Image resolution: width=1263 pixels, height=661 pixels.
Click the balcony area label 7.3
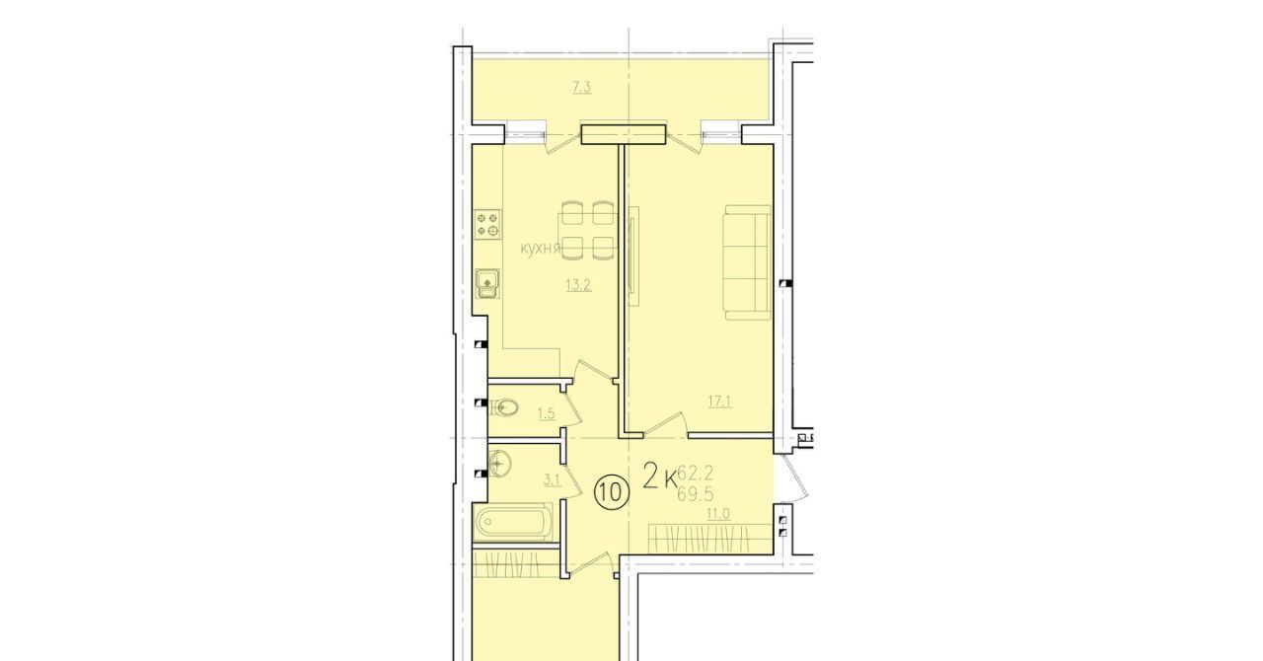click(x=582, y=88)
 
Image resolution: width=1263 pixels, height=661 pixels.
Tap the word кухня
click(x=540, y=249)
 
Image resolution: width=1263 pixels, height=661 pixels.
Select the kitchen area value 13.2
click(x=578, y=285)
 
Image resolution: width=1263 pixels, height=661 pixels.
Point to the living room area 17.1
click(x=720, y=402)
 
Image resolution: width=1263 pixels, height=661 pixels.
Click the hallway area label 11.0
click(x=718, y=513)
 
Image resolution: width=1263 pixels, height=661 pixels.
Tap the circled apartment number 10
click(x=611, y=492)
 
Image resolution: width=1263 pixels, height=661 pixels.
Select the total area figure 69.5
click(x=696, y=494)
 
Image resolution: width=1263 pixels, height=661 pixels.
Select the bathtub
click(x=512, y=522)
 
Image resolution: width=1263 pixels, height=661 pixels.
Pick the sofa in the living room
click(x=748, y=262)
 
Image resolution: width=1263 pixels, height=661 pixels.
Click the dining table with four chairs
click(x=587, y=232)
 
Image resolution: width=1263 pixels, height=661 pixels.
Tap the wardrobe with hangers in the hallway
click(x=710, y=539)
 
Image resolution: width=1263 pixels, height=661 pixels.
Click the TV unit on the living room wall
click(x=633, y=256)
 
